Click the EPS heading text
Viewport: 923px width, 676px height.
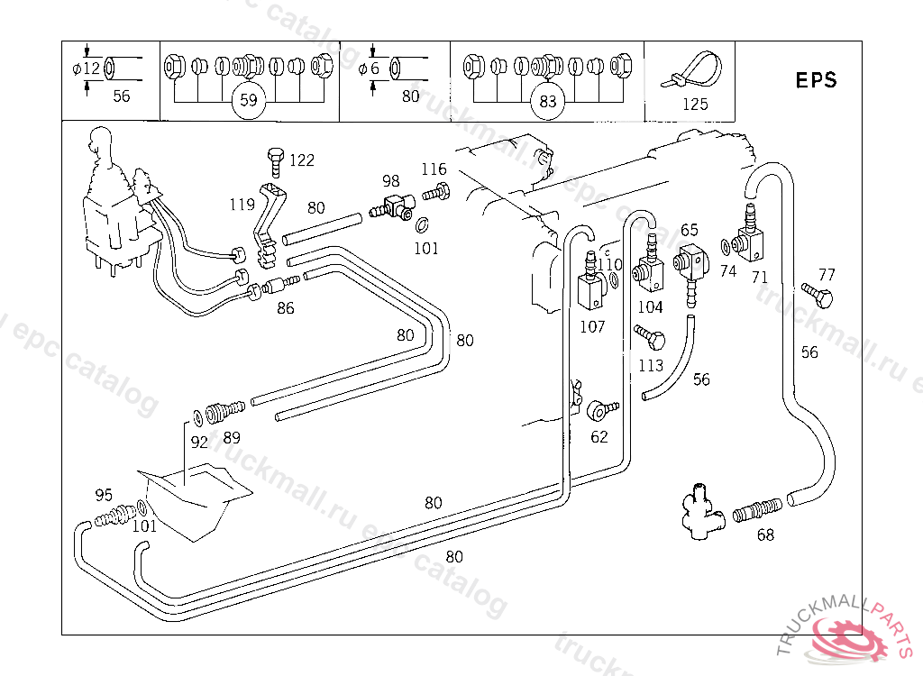point(816,79)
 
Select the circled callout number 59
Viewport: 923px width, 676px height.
point(249,100)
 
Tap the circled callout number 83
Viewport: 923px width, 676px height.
point(547,100)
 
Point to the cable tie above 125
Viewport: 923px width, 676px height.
point(695,70)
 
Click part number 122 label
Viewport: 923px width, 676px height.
point(302,160)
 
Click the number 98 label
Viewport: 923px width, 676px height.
point(390,181)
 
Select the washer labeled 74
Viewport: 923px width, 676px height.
point(726,246)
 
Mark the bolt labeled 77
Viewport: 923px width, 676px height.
point(818,294)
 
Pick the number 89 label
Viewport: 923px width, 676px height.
point(232,438)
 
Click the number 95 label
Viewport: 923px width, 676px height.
point(104,495)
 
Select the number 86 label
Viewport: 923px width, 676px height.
point(285,308)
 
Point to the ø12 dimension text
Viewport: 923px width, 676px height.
point(87,69)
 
